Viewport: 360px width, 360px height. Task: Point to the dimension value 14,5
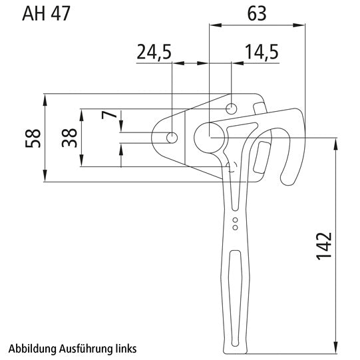[x=261, y=53]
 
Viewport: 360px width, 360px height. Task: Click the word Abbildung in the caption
[x=33, y=348]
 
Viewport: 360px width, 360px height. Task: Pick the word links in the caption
[x=125, y=348]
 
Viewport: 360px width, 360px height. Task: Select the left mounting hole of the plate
[x=172, y=137]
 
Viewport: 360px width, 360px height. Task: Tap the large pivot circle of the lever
[x=209, y=136]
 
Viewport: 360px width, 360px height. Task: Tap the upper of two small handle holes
[x=234, y=219]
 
